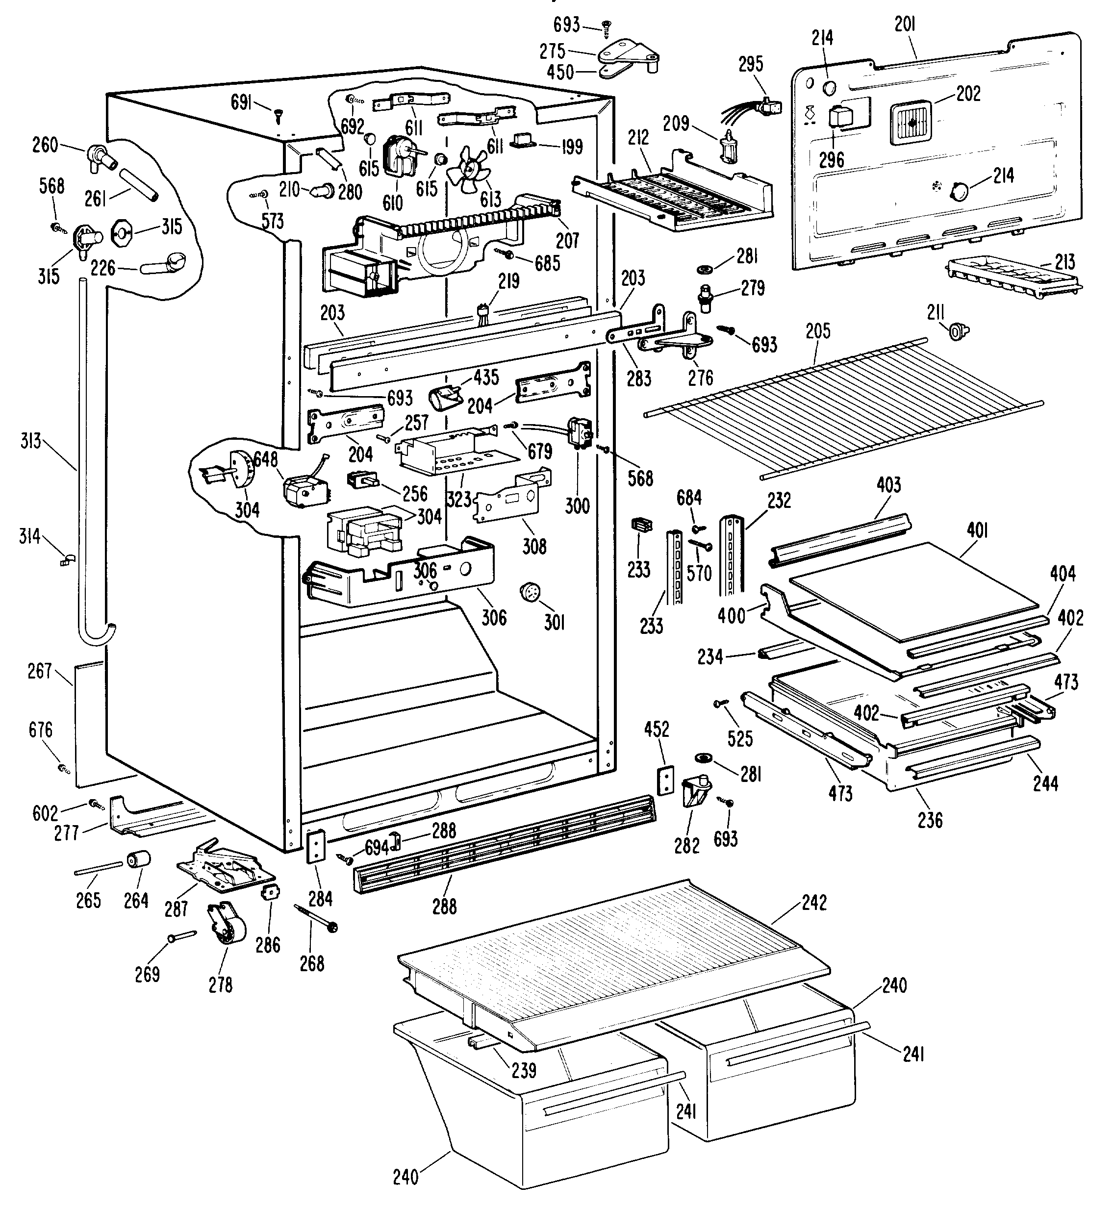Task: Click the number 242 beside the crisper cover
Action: [814, 903]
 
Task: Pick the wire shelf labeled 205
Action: [844, 407]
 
